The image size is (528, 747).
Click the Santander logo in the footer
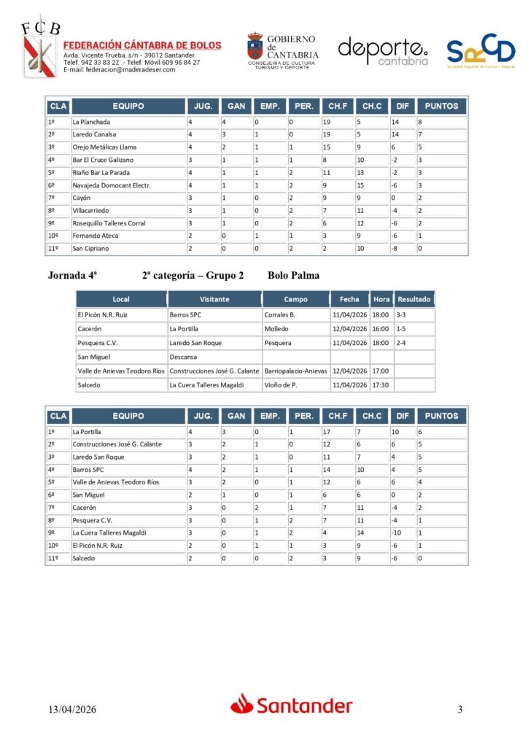pyautogui.click(x=292, y=705)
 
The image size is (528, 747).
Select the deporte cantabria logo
pyautogui.click(x=383, y=51)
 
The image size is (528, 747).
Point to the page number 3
pyautogui.click(x=460, y=709)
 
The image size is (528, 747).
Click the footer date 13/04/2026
pyautogui.click(x=72, y=709)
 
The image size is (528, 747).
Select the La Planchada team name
pyautogui.click(x=91, y=122)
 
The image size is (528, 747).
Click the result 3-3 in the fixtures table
pyautogui.click(x=403, y=315)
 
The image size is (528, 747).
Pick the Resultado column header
pyautogui.click(x=414, y=299)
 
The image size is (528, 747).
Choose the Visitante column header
pyautogui.click(x=214, y=299)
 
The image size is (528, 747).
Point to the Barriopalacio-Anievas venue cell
pyautogui.click(x=295, y=371)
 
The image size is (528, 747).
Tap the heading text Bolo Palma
pyautogui.click(x=293, y=276)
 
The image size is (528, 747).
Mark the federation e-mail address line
pyautogui.click(x=119, y=70)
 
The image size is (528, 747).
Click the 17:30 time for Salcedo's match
pyautogui.click(x=381, y=384)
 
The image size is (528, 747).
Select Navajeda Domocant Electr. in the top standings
pyautogui.click(x=111, y=185)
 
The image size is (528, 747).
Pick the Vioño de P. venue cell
pyautogui.click(x=281, y=384)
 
